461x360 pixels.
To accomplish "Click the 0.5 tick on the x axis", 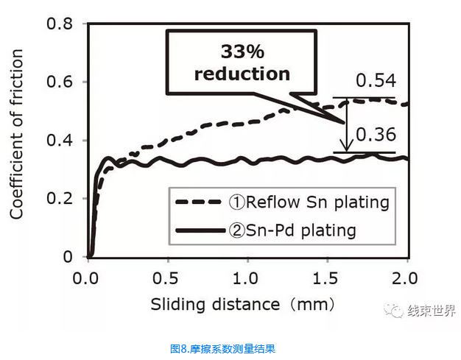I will click(167, 279).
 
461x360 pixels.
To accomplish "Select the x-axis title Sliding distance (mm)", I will click(243, 303).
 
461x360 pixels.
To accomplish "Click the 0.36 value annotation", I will click(376, 134).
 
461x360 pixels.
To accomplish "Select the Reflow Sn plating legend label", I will click(309, 202).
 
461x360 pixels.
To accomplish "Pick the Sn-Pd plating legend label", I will click(292, 230).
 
